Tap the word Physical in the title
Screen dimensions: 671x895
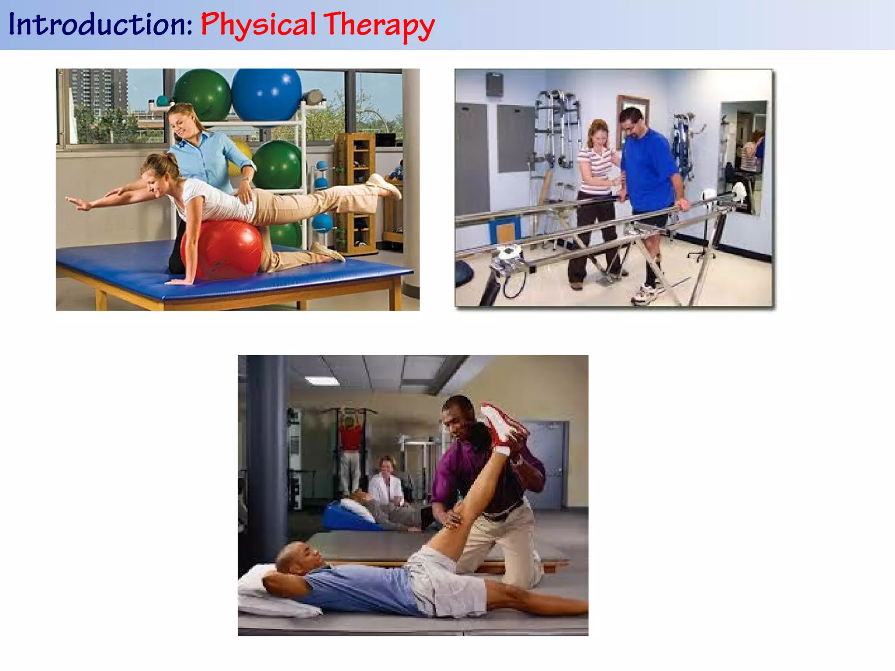(258, 25)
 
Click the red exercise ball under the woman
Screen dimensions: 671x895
(222, 249)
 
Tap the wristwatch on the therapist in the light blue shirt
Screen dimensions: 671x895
(246, 178)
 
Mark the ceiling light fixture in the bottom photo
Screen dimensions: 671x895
(322, 381)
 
